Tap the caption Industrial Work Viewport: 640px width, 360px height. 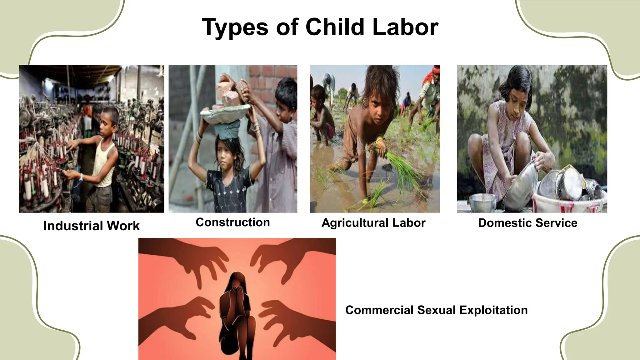[91, 226]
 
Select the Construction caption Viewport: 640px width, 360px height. [233, 222]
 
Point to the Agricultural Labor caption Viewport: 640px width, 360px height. [373, 223]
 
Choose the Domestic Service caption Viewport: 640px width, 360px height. [527, 223]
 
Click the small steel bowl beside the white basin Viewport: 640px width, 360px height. [482, 202]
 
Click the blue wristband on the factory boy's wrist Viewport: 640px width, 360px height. [81, 177]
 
